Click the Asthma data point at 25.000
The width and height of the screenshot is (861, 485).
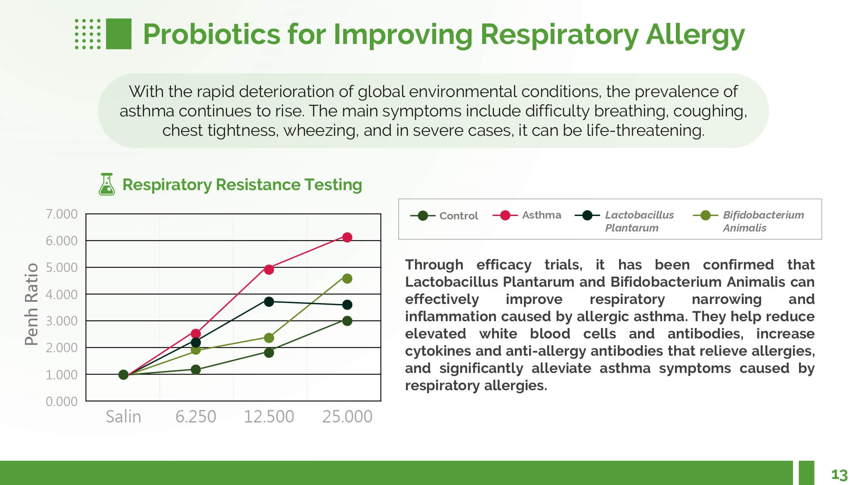(x=347, y=237)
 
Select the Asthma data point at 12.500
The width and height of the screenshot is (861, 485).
(x=269, y=269)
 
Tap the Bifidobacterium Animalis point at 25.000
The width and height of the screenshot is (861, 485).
(x=347, y=278)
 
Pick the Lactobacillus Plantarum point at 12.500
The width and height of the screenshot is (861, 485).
(x=269, y=302)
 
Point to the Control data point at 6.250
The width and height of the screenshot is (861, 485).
(x=196, y=369)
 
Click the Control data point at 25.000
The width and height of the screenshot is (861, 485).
(x=347, y=321)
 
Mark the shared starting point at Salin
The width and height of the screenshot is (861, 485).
(x=124, y=375)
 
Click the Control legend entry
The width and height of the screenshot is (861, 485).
(x=445, y=216)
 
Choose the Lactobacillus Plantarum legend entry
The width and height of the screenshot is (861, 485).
(x=625, y=221)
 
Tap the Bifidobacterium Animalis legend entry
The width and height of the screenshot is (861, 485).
(x=749, y=221)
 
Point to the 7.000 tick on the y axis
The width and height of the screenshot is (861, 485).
(x=62, y=214)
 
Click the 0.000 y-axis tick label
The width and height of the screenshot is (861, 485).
(x=62, y=401)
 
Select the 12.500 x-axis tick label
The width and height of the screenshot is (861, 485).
(x=269, y=416)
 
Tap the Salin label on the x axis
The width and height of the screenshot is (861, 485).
(x=124, y=416)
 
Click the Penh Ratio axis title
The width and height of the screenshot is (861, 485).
(x=31, y=304)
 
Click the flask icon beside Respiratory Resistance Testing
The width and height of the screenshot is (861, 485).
(x=107, y=185)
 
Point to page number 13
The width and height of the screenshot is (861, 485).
(x=839, y=475)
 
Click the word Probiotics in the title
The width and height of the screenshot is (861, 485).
(x=211, y=34)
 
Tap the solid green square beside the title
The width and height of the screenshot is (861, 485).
(x=118, y=34)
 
